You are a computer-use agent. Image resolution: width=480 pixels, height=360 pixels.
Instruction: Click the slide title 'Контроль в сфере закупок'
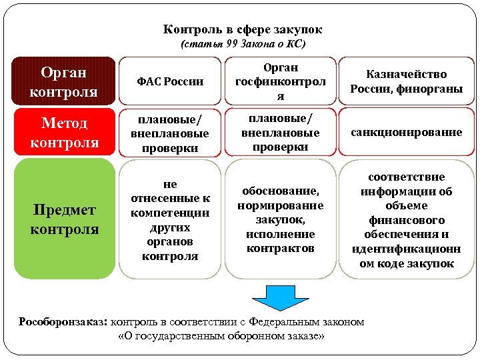242,30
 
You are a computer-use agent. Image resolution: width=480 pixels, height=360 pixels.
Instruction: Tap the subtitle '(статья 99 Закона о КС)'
243,45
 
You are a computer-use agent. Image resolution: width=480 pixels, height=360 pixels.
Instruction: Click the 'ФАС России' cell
170,82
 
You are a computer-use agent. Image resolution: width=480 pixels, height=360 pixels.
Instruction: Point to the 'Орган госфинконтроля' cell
280,81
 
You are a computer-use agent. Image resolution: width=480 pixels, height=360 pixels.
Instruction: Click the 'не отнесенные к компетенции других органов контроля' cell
170,219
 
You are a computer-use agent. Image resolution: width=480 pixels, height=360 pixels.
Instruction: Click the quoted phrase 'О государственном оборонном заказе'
220,336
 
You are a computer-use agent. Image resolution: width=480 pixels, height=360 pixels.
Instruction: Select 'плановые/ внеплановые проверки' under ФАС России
170,132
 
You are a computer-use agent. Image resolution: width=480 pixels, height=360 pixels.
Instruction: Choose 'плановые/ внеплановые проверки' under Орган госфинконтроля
280,132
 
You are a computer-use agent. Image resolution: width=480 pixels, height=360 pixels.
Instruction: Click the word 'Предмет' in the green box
64,210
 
